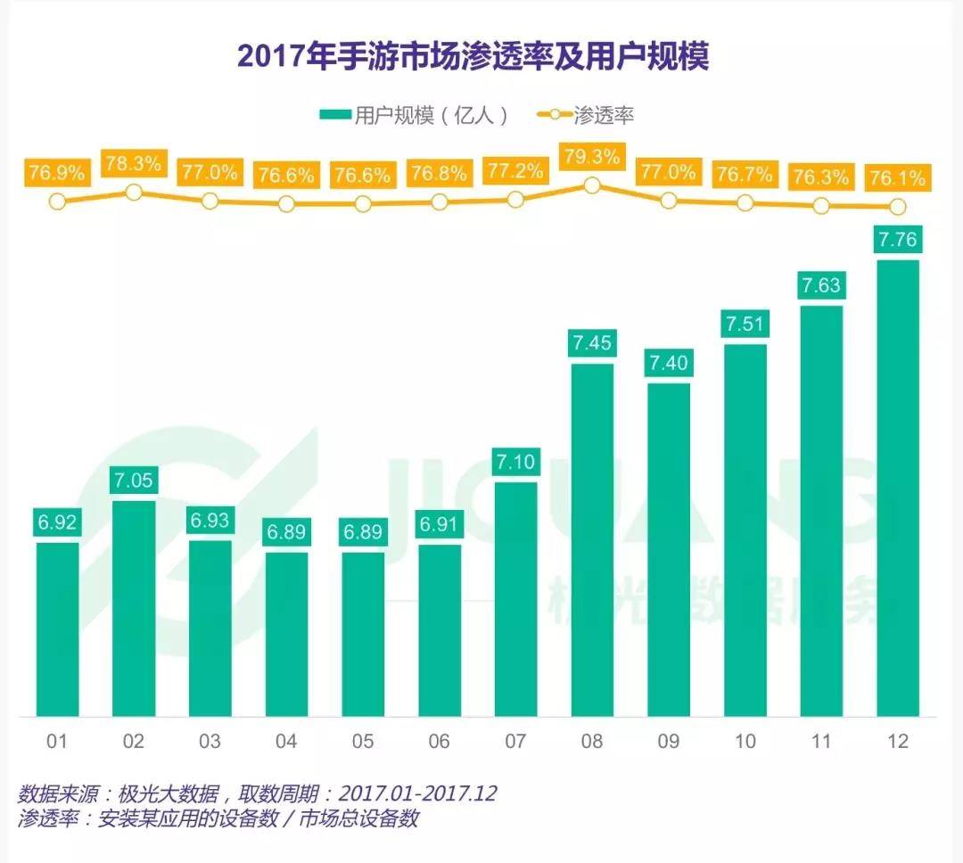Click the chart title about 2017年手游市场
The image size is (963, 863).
[473, 57]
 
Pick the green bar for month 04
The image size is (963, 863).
[286, 634]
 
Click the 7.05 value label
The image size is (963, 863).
[134, 481]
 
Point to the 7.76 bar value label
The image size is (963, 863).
[897, 240]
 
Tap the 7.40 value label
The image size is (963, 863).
[669, 363]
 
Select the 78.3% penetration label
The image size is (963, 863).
[134, 163]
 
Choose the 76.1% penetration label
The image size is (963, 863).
[897, 177]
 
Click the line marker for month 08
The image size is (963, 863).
[592, 185]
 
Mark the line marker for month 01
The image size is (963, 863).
[57, 201]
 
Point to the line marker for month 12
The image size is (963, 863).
[897, 207]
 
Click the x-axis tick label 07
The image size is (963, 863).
[515, 742]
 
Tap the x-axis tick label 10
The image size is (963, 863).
[745, 742]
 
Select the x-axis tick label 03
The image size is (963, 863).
[210, 742]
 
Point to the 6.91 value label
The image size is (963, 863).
[439, 524]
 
